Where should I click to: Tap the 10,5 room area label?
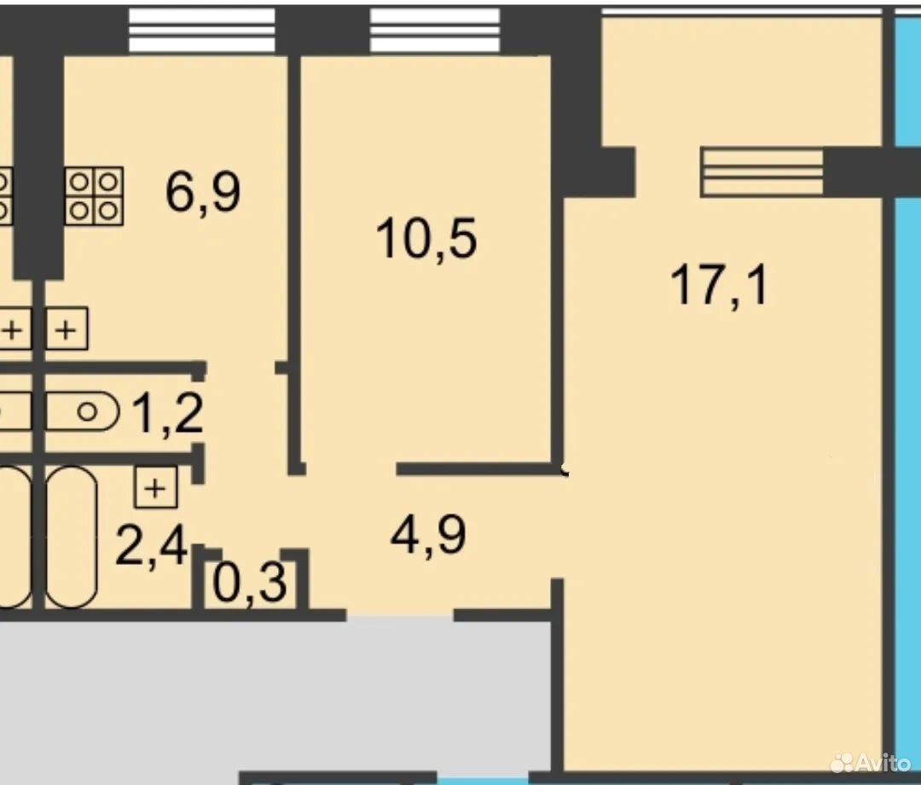click(x=426, y=238)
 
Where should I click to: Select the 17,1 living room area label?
click(x=720, y=285)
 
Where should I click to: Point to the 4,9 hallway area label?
click(x=429, y=534)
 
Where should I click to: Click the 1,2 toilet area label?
click(x=168, y=414)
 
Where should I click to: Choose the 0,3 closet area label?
click(x=250, y=582)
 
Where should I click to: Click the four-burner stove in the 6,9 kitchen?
click(x=94, y=196)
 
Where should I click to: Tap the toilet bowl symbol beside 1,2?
click(x=83, y=411)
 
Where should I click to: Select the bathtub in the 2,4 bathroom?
click(x=72, y=537)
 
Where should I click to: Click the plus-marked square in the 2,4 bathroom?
click(x=156, y=487)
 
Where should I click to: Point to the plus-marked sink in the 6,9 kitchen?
click(x=67, y=329)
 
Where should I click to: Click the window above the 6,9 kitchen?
click(x=201, y=30)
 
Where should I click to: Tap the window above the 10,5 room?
click(x=435, y=30)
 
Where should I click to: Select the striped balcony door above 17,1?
click(x=762, y=172)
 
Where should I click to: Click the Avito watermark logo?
click(x=871, y=763)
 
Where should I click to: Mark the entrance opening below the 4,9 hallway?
click(x=400, y=615)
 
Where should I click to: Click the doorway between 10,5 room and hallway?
click(x=351, y=469)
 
